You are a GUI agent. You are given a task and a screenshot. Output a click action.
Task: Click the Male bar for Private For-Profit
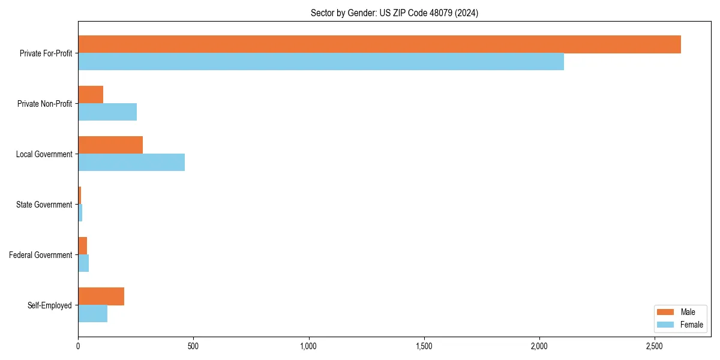point(379,44)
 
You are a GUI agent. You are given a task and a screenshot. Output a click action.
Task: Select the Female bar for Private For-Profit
point(321,62)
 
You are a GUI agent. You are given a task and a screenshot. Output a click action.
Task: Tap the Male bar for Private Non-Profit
point(91,95)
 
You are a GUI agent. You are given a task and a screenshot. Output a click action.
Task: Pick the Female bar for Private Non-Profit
point(107,112)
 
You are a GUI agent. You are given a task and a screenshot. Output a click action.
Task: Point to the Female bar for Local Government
point(131,163)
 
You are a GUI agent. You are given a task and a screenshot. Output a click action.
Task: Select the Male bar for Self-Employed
point(101,296)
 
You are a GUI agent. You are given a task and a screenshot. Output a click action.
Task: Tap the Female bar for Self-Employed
point(92,314)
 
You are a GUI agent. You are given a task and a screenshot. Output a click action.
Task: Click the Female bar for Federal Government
point(83,263)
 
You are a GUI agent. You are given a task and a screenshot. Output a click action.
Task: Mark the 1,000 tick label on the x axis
point(308,346)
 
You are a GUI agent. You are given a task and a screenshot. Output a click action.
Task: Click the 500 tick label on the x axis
point(193,346)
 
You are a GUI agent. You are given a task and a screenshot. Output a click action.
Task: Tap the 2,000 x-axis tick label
point(539,346)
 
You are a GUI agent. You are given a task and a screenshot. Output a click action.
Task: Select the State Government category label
point(44,205)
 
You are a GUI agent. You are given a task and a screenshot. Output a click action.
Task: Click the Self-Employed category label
point(49,305)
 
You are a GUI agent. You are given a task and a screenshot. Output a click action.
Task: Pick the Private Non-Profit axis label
point(44,104)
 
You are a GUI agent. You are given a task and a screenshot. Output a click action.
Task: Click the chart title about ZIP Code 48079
point(394,13)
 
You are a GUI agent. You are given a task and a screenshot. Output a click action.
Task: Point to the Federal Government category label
point(41,255)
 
